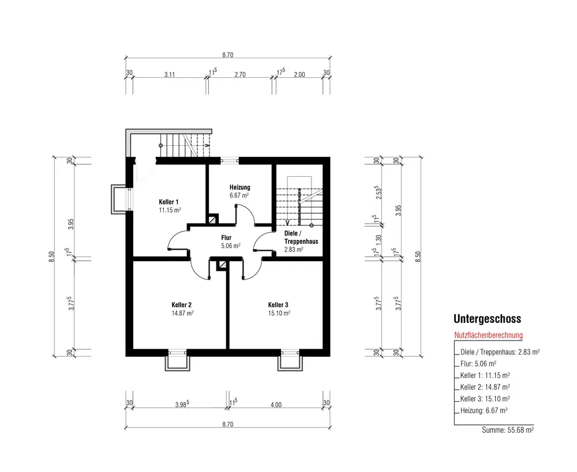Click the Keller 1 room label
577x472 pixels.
168,202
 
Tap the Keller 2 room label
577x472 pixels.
181,305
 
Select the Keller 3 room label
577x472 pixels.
278,305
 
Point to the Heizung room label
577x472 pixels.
240,187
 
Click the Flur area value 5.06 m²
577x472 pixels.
231,246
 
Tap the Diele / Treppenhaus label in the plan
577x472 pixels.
301,237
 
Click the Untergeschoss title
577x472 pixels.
487,319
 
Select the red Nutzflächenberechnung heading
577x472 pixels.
488,335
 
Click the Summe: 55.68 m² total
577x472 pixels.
508,430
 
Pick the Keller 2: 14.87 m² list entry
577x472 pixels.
485,387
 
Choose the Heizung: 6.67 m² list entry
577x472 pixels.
484,410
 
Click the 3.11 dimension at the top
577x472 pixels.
170,74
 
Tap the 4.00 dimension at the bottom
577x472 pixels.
276,405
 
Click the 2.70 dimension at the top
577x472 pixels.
240,74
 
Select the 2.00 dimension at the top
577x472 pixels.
299,74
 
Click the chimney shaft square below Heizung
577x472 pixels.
212,220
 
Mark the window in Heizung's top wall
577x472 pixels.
229,160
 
